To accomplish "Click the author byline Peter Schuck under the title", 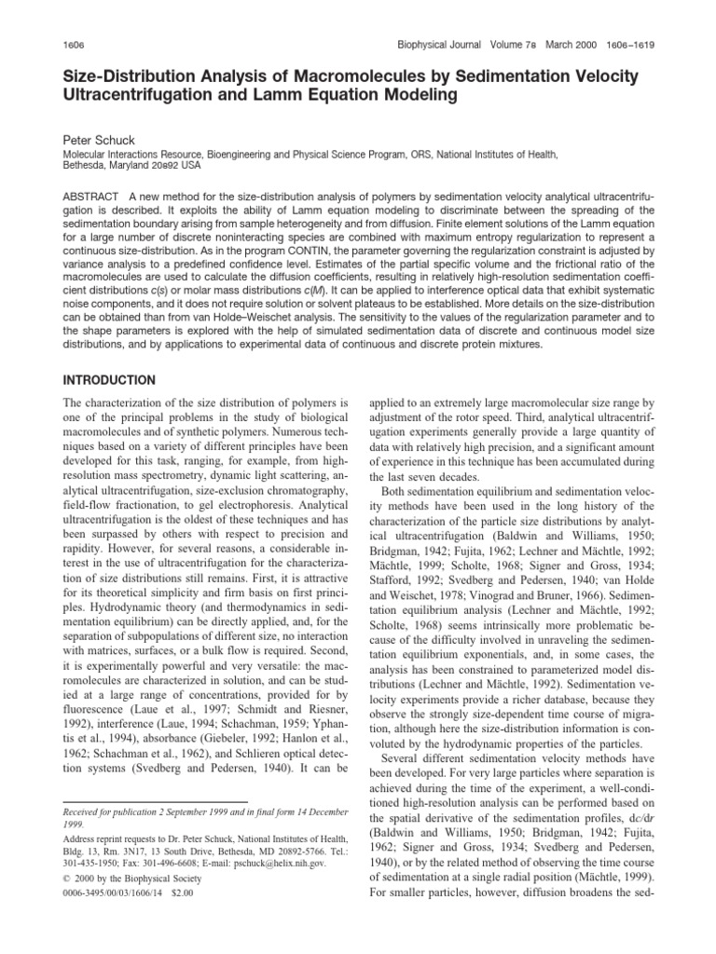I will (x=95, y=136).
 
